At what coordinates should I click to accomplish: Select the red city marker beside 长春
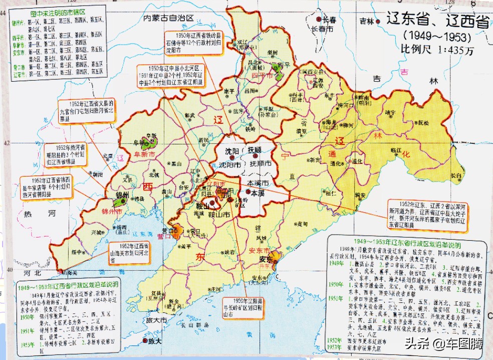[x=319, y=19]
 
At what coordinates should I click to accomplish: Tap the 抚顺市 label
[x=261, y=164]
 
